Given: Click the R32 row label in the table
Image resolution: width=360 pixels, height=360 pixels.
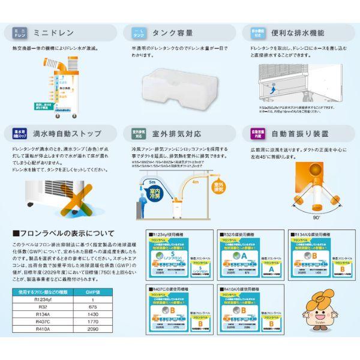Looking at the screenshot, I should coord(41,306).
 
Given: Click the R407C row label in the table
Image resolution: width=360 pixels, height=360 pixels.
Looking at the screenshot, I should coord(41,322).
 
